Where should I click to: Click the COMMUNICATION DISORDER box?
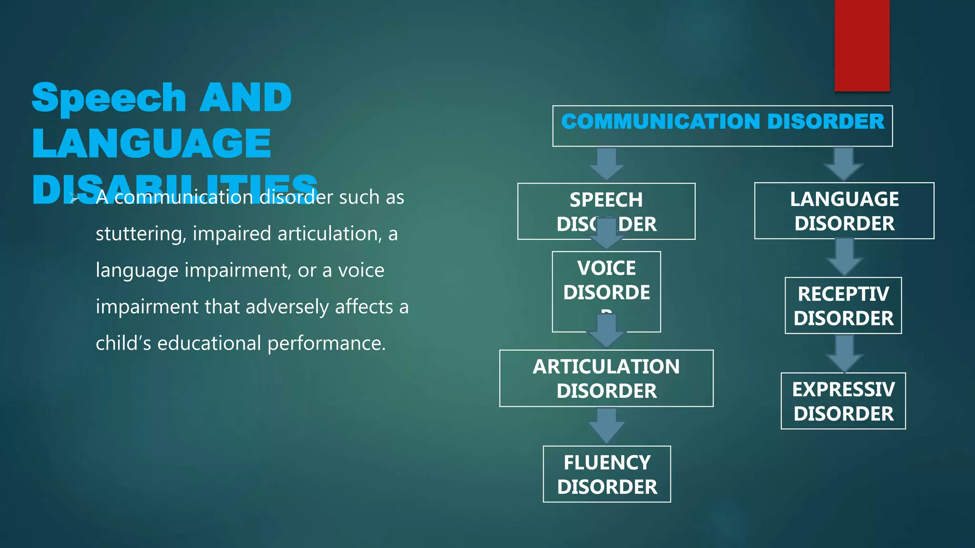(722, 126)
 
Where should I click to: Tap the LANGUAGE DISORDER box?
(844, 211)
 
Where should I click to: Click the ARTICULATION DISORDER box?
(606, 378)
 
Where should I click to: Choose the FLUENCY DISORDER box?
(607, 474)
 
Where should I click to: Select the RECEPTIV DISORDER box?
(843, 305)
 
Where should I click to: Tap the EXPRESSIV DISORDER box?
(843, 401)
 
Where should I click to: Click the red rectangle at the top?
(862, 45)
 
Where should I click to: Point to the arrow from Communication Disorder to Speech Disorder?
(606, 163)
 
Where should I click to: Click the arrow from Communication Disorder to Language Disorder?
(843, 164)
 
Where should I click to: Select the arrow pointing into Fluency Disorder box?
(606, 425)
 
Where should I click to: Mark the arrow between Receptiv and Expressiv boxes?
(844, 352)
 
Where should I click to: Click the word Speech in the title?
(109, 98)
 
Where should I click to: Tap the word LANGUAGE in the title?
(151, 143)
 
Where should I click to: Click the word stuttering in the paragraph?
(140, 234)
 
